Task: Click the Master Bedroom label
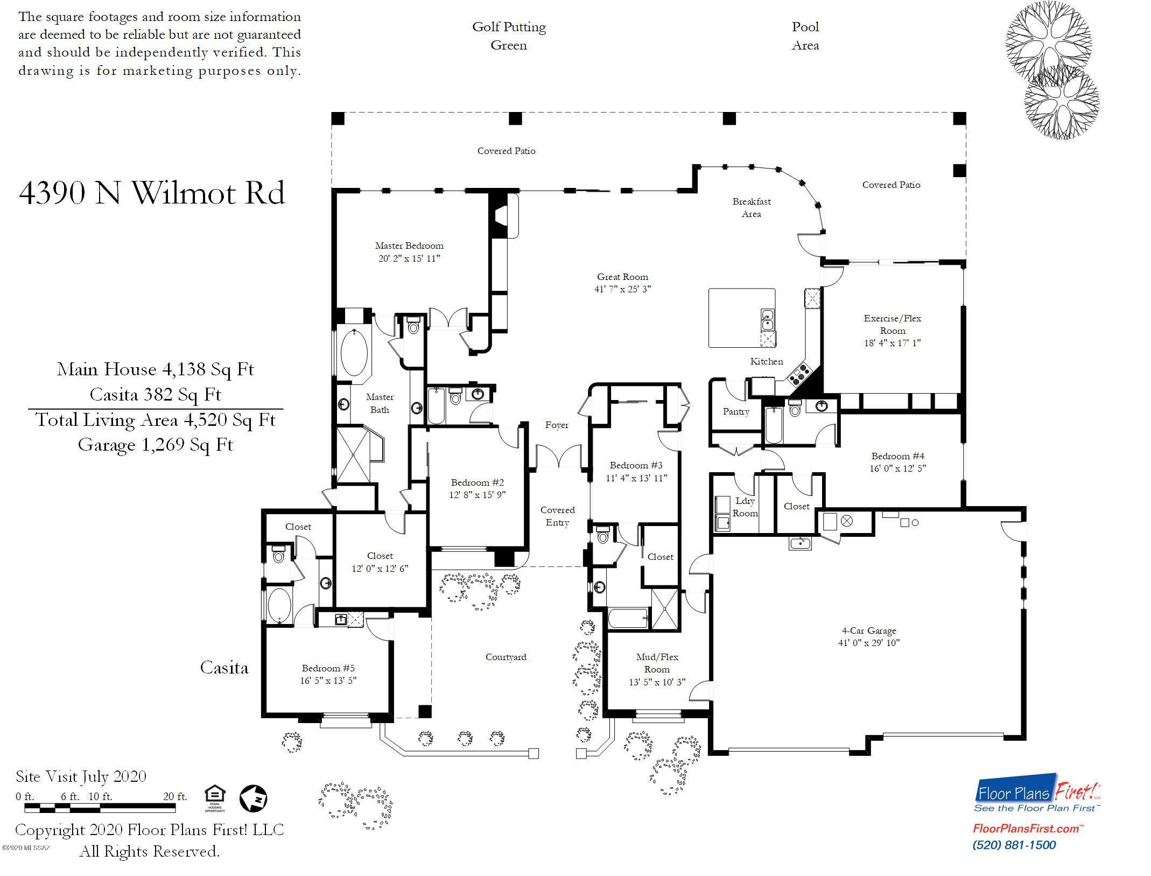[409, 246]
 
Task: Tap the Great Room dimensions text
[622, 289]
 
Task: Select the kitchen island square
[742, 318]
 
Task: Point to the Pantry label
[736, 412]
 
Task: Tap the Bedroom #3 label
[636, 465]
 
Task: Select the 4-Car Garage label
[869, 630]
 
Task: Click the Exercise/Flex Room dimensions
[892, 343]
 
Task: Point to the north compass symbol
[253, 798]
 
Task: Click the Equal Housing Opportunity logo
[215, 799]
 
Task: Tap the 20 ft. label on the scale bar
[175, 796]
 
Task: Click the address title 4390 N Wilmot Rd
[152, 193]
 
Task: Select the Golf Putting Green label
[509, 36]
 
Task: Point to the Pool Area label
[805, 36]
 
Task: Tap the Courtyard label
[506, 657]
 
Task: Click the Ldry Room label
[745, 507]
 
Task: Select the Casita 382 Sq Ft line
[155, 395]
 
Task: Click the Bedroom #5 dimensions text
[328, 681]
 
